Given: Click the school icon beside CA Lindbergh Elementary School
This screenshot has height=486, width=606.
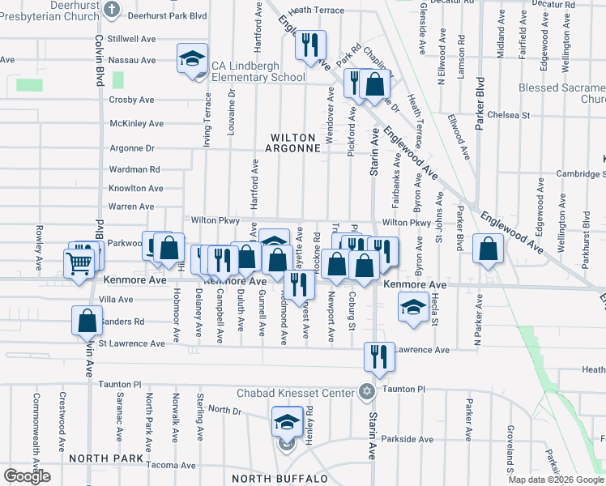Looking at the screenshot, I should pos(192,59).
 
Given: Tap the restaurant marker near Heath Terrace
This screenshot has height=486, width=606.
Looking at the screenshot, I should pos(309,45).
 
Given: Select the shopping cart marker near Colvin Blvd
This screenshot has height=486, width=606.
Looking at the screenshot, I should pos(79,262).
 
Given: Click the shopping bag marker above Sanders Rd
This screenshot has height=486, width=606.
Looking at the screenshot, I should pos(87,321).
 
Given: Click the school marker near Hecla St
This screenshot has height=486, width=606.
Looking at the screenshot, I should pos(413,307).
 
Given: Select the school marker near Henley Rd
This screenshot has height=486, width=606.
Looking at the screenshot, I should pos(286,424).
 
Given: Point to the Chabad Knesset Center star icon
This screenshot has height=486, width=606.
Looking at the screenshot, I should pos(366,393).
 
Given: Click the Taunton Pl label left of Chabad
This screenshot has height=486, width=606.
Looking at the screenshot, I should pos(119,385).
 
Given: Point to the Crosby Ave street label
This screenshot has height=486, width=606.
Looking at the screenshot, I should pos(131,100).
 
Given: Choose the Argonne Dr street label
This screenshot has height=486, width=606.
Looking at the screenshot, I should pos(132,148).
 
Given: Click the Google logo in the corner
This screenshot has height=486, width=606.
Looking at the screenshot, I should pos(27,476).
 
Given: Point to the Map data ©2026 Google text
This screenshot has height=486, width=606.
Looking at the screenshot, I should pos(555,480).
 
